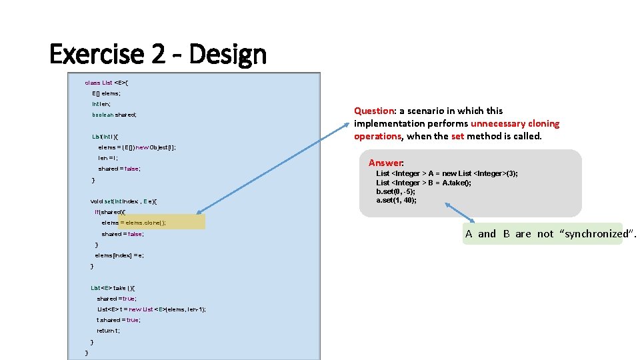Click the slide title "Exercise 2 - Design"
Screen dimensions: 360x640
158,54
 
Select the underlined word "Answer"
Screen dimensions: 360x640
386,163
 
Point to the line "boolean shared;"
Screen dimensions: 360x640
114,115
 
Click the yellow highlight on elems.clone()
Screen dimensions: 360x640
167,223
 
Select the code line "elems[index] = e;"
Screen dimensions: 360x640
119,255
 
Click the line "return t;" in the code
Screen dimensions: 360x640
109,331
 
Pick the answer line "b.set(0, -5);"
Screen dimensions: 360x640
396,191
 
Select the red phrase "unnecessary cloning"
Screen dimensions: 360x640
515,123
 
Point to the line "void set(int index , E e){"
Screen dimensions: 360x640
125,201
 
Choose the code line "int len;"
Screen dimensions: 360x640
101,104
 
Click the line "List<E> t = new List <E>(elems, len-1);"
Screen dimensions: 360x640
151,309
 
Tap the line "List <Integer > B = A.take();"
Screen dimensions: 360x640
423,183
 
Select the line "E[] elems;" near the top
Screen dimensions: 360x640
107,93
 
